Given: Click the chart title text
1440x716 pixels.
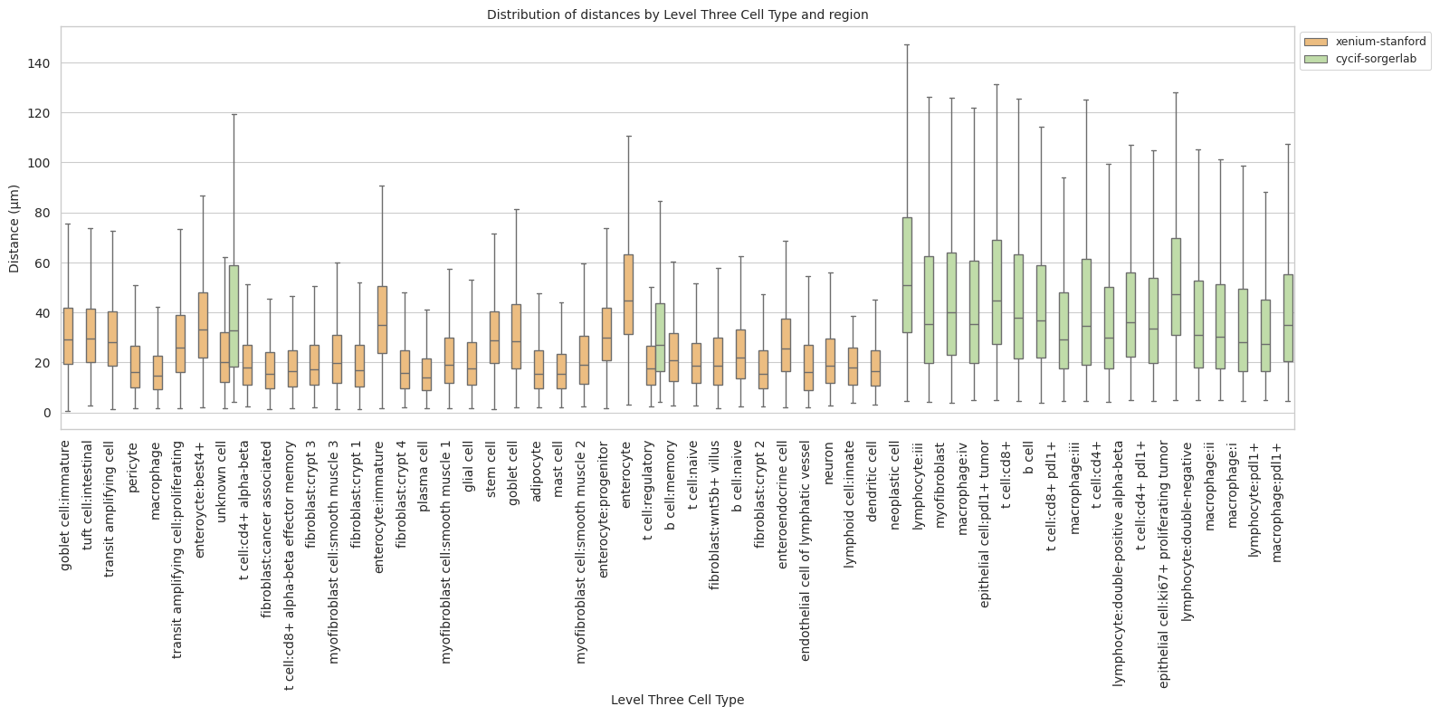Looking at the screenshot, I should [x=677, y=14].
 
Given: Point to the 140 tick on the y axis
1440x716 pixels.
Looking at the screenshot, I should [x=43, y=63].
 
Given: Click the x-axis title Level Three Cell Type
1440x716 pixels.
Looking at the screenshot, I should [x=677, y=700].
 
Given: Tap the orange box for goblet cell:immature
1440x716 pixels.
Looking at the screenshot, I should [x=68, y=336].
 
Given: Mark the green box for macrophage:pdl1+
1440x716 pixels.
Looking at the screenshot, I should [x=1288, y=318].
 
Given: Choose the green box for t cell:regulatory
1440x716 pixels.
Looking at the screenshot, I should [x=661, y=337].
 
